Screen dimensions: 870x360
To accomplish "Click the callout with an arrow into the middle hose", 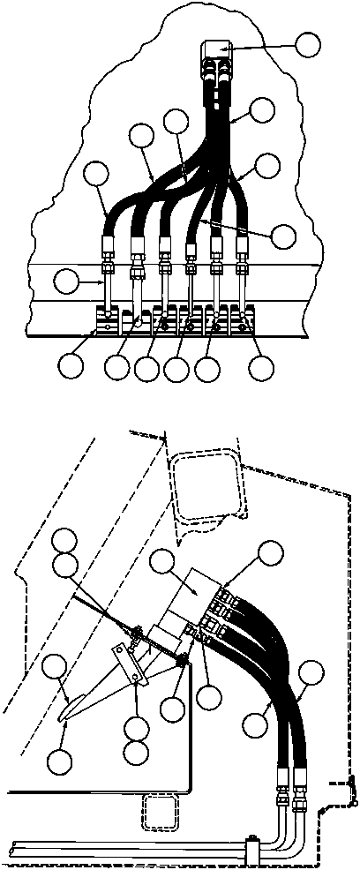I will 283,236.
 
